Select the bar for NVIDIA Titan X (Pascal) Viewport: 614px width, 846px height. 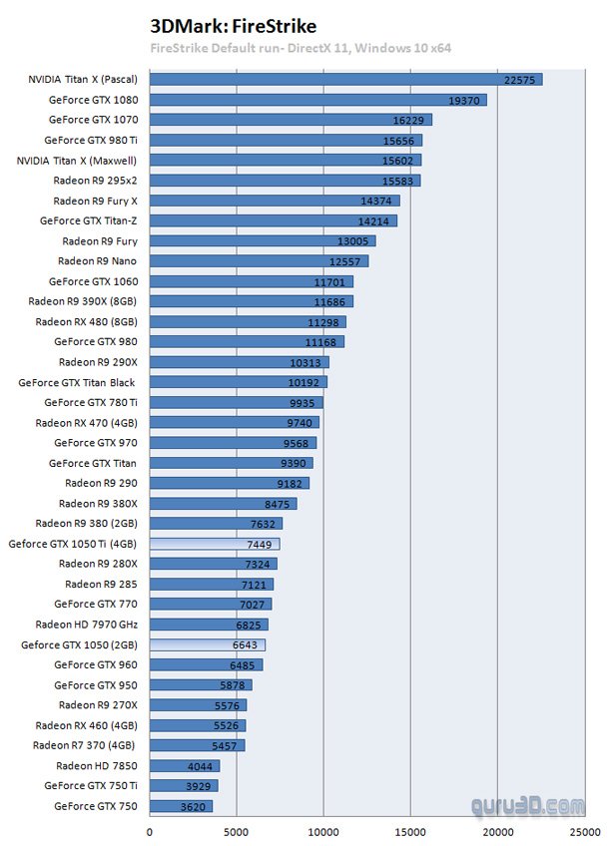pyautogui.click(x=345, y=79)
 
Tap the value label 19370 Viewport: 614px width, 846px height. pyautogui.click(x=467, y=100)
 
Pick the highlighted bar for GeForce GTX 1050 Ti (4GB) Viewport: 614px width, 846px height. pyautogui.click(x=214, y=544)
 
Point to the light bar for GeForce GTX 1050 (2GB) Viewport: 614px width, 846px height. pyautogui.click(x=207, y=644)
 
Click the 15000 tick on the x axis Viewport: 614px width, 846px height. pyautogui.click(x=409, y=830)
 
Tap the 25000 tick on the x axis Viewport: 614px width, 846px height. pyautogui.click(x=583, y=830)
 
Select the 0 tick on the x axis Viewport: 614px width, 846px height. pyautogui.click(x=151, y=830)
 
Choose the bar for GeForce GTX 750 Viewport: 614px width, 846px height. pyautogui.click(x=181, y=806)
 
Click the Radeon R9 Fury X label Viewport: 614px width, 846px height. pyautogui.click(x=95, y=201)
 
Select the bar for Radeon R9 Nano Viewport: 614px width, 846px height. pyautogui.click(x=259, y=261)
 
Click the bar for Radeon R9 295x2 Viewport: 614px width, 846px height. pyautogui.click(x=285, y=181)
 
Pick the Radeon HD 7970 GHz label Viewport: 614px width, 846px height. pyautogui.click(x=86, y=625)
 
